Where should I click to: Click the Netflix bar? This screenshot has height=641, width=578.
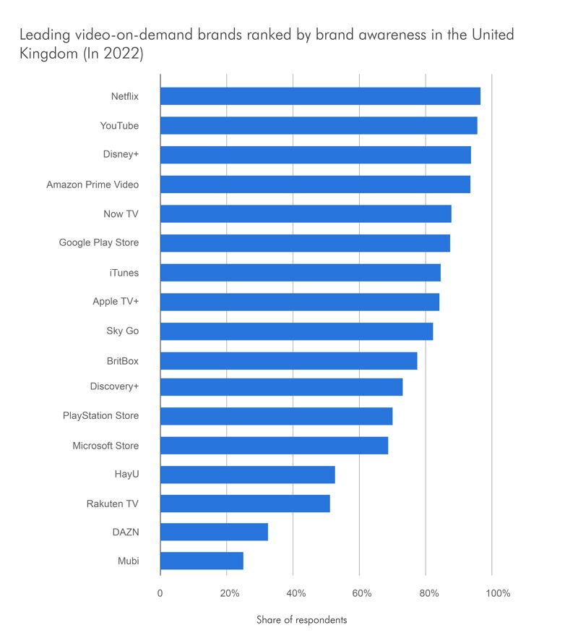320,96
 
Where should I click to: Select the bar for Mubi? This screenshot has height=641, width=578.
202,561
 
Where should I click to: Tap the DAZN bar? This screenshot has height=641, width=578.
214,532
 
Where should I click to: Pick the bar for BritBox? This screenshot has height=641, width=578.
288,360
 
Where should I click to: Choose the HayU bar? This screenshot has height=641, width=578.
247,475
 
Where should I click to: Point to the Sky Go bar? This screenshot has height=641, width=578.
296,331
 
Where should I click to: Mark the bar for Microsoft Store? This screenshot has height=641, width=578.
274,446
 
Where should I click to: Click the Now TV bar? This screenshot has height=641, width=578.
306,213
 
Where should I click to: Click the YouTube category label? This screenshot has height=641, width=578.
119,126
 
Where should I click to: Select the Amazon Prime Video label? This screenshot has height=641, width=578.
92,184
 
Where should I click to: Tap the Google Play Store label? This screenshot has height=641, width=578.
99,243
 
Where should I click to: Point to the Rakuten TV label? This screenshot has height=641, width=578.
113,504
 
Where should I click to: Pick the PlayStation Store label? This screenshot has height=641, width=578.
101,416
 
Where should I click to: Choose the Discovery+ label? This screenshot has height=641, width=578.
114,386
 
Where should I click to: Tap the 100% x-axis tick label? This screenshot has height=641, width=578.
497,594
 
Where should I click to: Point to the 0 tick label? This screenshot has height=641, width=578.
160,594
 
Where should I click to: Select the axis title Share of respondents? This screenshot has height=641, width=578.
301,620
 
